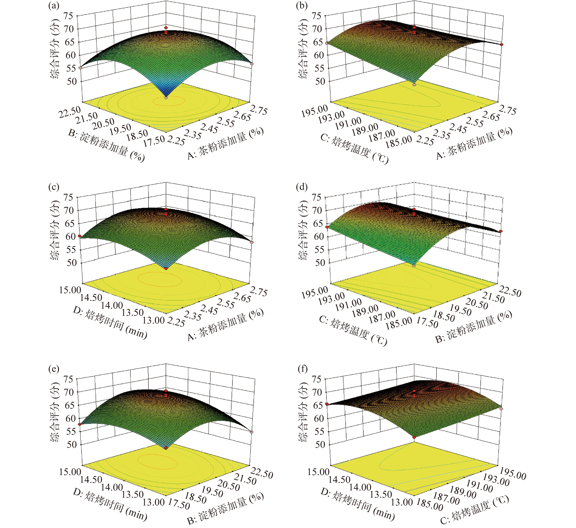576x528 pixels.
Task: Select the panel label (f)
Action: pyautogui.click(x=302, y=369)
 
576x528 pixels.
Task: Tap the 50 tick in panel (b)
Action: pyautogui.click(x=319, y=81)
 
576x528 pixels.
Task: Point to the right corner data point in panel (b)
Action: pyautogui.click(x=501, y=45)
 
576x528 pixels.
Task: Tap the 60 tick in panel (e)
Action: pyautogui.click(x=71, y=418)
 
